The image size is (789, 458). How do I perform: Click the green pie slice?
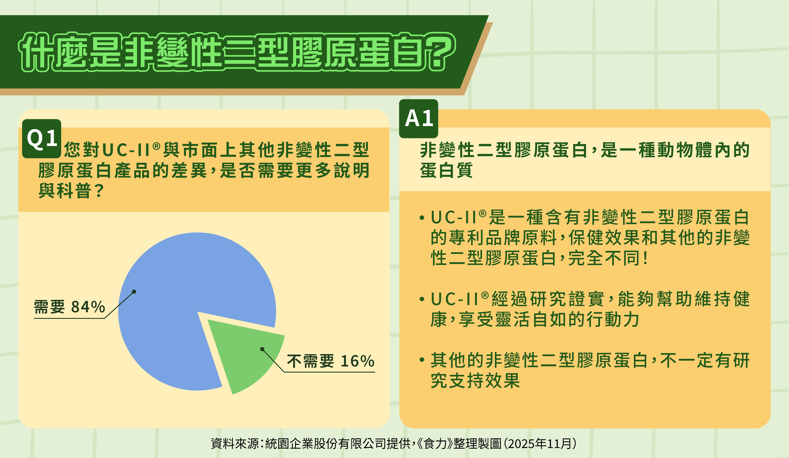coord(247,354)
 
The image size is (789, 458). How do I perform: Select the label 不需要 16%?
coord(331,361)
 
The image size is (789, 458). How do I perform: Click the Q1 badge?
coord(42,139)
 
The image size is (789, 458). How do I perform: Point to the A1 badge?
coord(419,119)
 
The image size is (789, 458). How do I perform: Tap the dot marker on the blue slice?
coord(134,292)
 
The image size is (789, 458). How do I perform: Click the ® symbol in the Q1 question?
coord(157,146)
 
